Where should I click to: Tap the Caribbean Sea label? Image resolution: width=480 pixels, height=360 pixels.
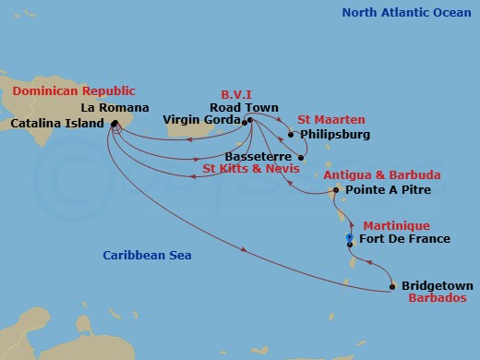tap(148, 254)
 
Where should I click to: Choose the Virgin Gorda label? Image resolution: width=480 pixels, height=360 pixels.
tap(200, 120)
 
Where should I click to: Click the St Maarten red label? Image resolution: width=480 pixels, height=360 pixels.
tap(331, 119)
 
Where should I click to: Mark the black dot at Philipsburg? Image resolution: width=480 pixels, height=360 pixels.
tap(291, 135)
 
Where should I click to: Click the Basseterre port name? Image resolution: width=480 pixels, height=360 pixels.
tap(258, 156)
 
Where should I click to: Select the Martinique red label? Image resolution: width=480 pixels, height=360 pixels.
tap(395, 225)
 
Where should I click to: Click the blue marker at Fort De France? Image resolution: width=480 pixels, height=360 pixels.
tap(349, 239)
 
